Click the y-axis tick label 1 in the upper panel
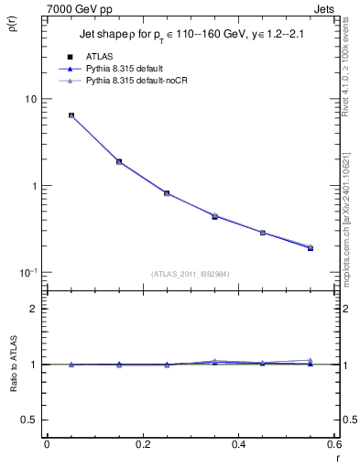[34, 186]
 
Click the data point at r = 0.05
[71, 115]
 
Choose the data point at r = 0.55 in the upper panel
[310, 248]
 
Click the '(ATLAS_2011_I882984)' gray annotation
[190, 274]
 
